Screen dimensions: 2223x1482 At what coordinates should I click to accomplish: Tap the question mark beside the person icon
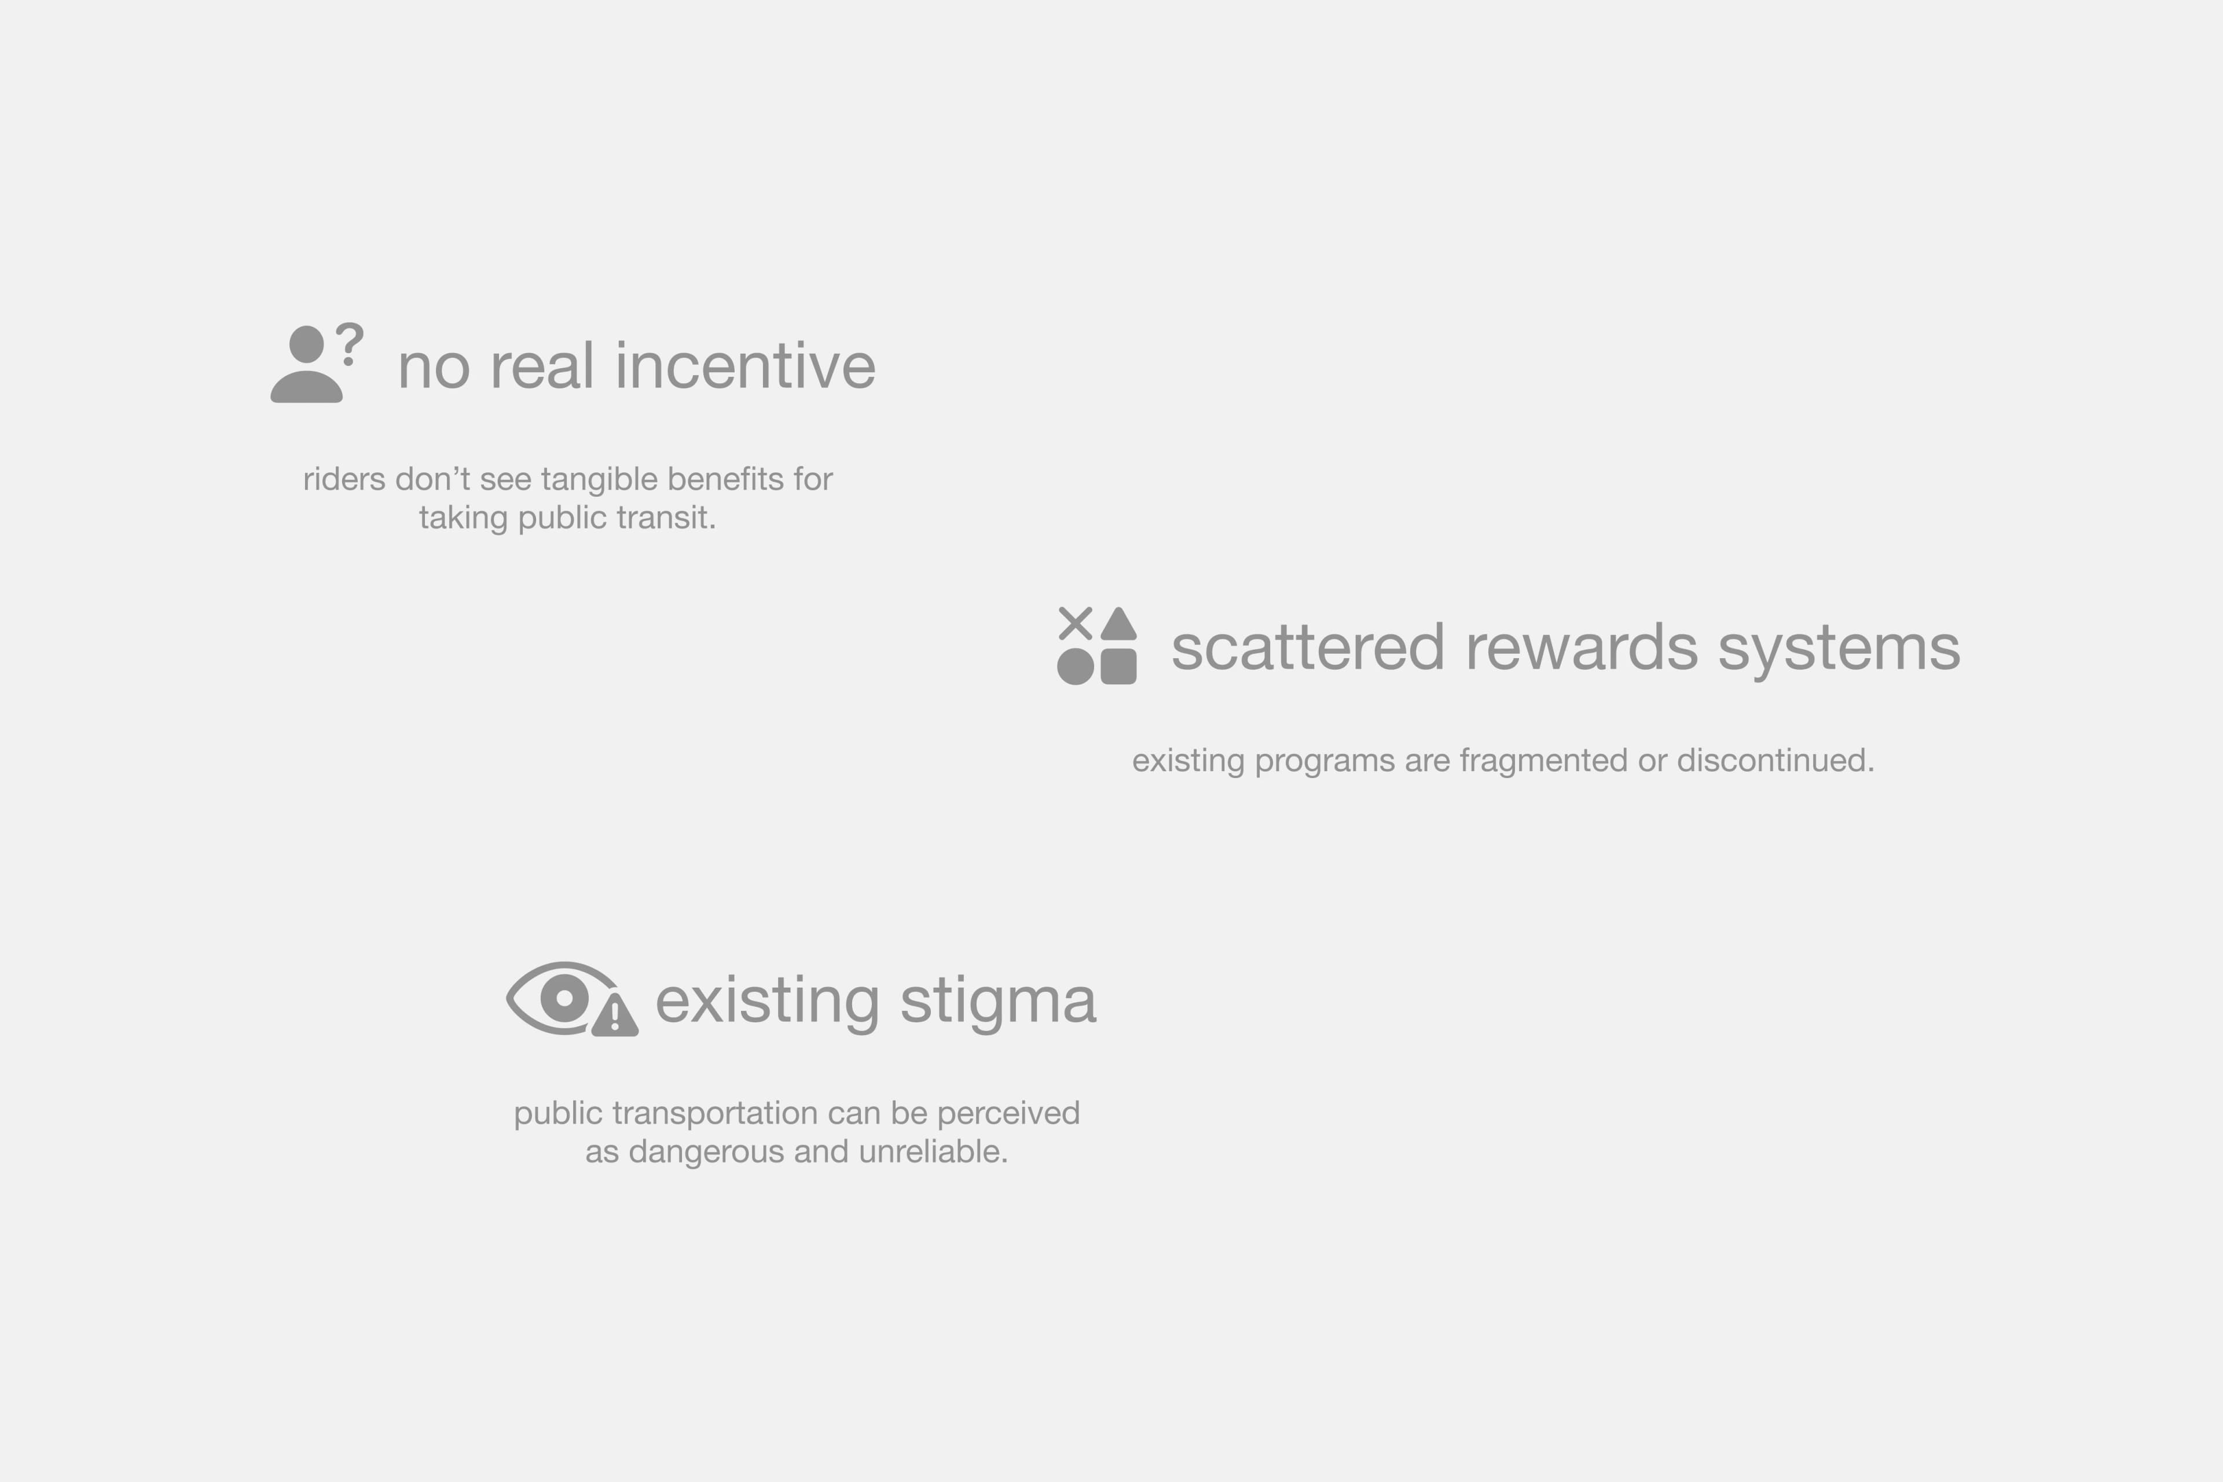(x=350, y=344)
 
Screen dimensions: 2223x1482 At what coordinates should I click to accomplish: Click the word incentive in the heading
(x=745, y=366)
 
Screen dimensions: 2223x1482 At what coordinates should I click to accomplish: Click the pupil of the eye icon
(x=565, y=998)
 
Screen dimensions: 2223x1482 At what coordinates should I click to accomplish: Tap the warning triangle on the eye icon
(x=615, y=1015)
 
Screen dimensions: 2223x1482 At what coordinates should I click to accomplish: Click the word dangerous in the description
(x=707, y=1152)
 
